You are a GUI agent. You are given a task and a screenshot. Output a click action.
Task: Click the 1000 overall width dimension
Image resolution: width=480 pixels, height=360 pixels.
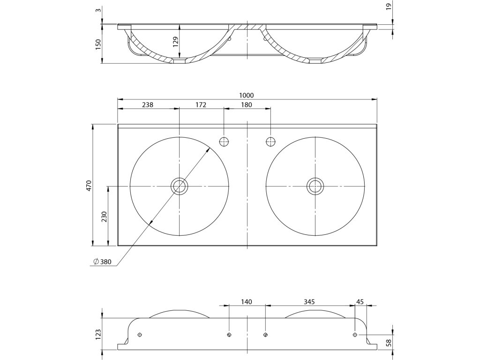[x=246, y=96]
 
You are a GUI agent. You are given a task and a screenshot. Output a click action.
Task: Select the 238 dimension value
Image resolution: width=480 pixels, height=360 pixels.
[x=148, y=105]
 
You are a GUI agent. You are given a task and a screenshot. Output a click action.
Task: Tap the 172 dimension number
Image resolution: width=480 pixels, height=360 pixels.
[x=201, y=105]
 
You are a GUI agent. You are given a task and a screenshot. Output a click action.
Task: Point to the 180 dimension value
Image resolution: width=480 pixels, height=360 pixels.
[x=247, y=105]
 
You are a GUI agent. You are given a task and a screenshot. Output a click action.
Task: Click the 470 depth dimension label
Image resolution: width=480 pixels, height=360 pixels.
[x=89, y=186]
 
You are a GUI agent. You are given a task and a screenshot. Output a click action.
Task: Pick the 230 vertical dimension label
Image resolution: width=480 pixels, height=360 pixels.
[x=104, y=217]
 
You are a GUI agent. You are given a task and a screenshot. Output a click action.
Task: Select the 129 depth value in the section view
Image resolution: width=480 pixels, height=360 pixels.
[x=175, y=42]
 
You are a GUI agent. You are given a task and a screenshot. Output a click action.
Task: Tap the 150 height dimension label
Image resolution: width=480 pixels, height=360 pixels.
[x=98, y=45]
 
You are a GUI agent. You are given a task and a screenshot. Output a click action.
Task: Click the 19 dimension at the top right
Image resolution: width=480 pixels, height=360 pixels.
[x=389, y=7]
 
